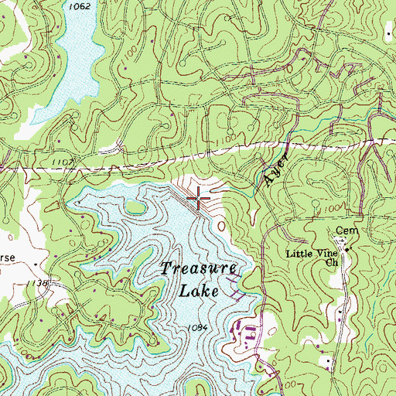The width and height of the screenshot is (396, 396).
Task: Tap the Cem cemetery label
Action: [x=343, y=231]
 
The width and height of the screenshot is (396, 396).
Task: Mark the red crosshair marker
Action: [x=199, y=199]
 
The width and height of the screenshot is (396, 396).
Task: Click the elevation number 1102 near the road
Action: [x=64, y=161]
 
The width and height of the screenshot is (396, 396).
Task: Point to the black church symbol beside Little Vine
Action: [x=348, y=249]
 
